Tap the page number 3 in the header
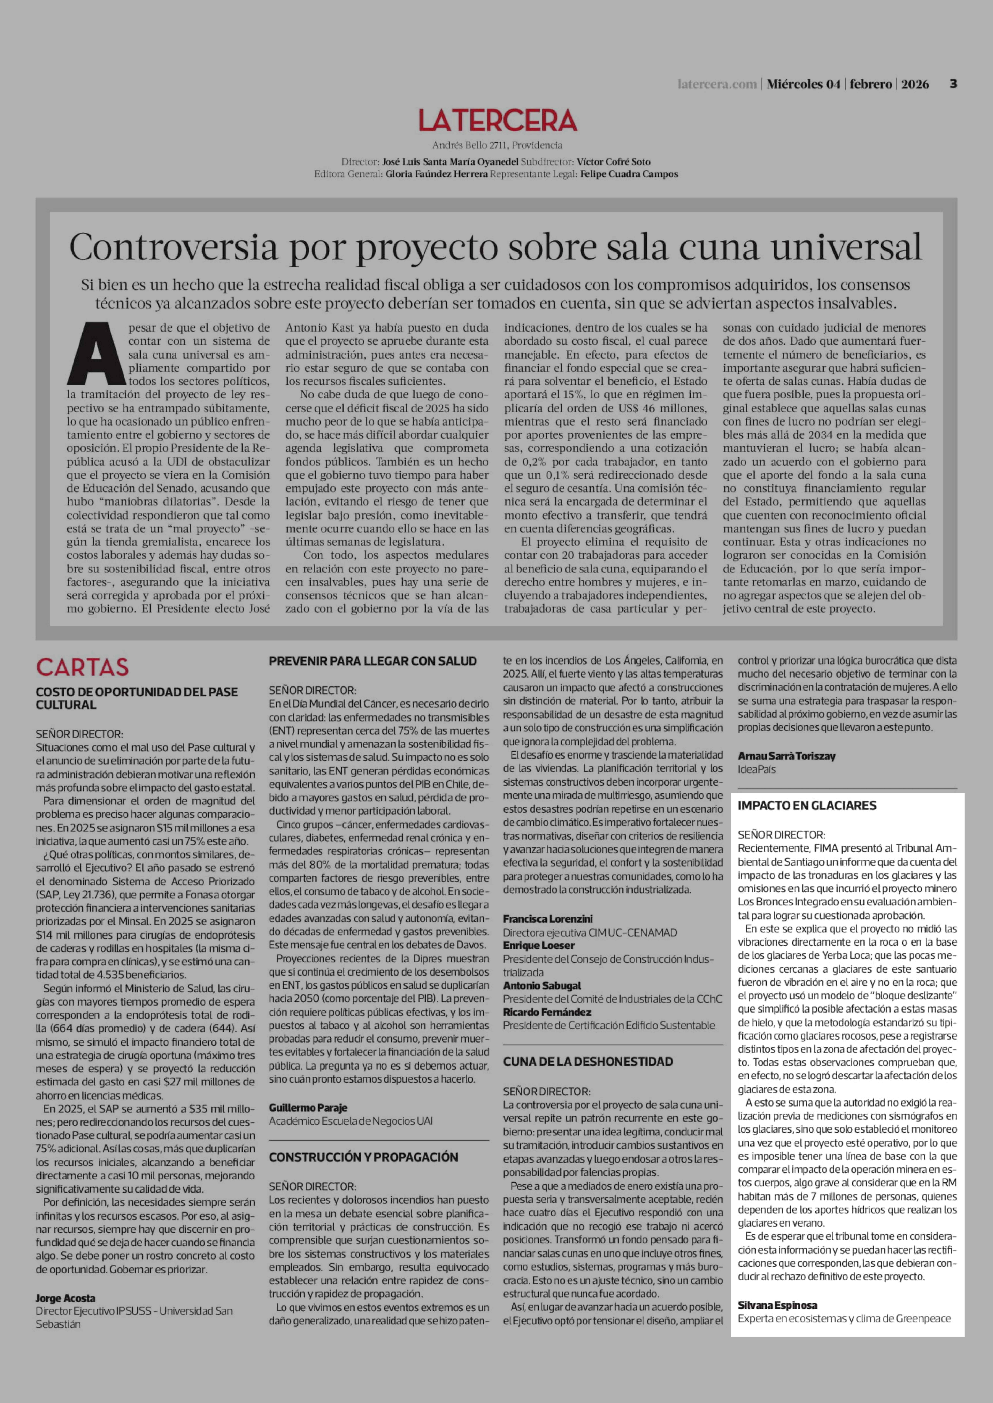tap(953, 84)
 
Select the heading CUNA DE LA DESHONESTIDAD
tap(588, 1061)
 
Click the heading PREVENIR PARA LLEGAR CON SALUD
tap(372, 661)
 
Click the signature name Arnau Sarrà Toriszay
tap(786, 756)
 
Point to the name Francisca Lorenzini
tap(548, 918)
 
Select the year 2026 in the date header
tap(915, 84)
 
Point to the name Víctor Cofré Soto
tap(613, 162)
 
